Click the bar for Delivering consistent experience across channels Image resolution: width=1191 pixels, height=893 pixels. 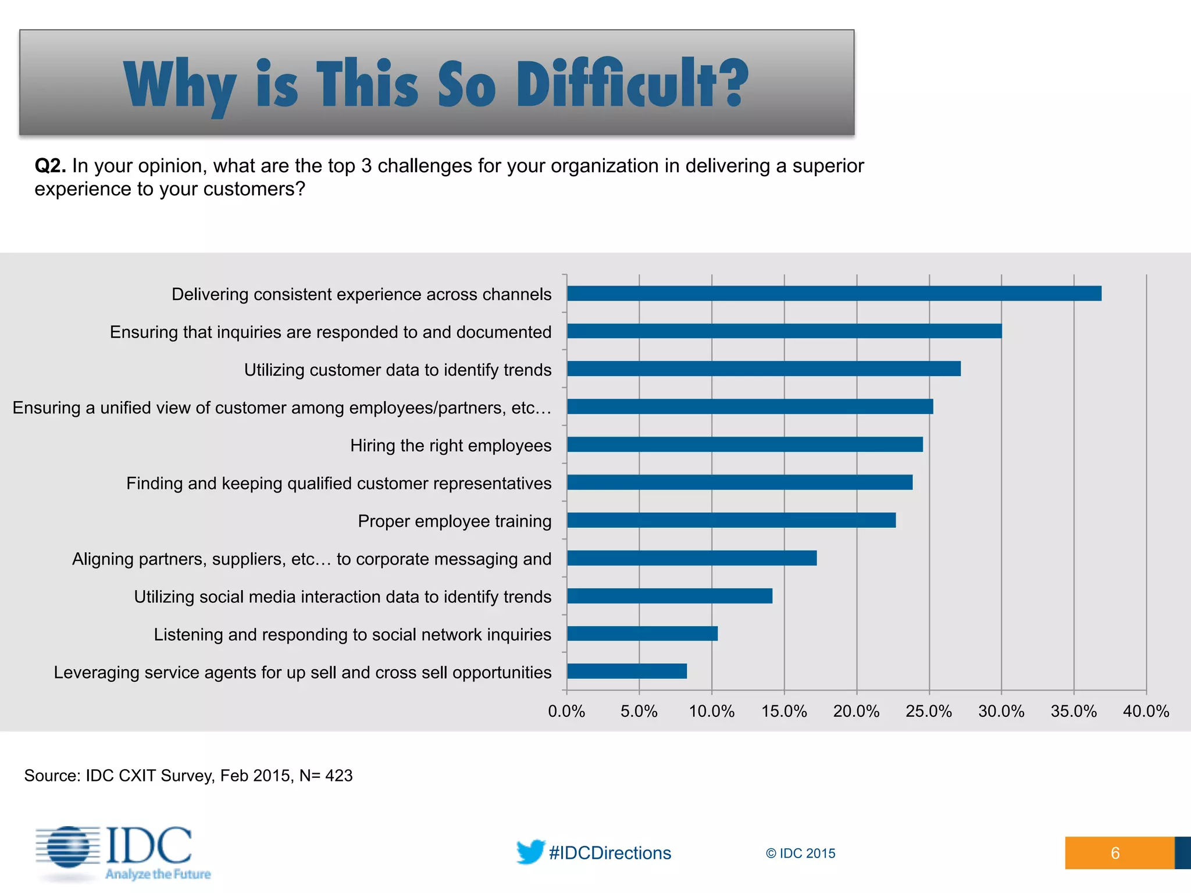(x=834, y=294)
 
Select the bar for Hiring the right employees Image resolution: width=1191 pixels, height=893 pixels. (x=744, y=445)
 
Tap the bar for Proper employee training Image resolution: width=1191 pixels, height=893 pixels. (x=731, y=520)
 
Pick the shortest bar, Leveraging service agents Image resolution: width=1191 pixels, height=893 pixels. (x=627, y=671)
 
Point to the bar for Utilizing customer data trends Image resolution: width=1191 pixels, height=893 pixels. (x=764, y=369)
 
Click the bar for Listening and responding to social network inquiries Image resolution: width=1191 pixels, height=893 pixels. (x=642, y=634)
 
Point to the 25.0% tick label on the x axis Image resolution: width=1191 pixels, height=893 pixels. (x=929, y=711)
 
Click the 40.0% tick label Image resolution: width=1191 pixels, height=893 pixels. (x=1146, y=711)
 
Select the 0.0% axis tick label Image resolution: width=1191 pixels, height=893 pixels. (x=566, y=711)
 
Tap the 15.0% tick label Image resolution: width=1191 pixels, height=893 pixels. (x=784, y=711)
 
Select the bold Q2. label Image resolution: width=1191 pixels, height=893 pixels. (x=50, y=166)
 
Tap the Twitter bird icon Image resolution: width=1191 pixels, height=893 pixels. (x=530, y=852)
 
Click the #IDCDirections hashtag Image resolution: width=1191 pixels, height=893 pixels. (x=610, y=853)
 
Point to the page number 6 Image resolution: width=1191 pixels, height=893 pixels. (x=1115, y=853)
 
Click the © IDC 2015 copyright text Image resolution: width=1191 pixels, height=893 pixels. (x=800, y=853)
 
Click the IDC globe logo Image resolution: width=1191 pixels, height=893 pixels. (x=69, y=847)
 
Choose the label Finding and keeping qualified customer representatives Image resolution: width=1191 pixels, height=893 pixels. (x=338, y=483)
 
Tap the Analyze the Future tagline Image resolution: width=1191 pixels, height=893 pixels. (x=158, y=874)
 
